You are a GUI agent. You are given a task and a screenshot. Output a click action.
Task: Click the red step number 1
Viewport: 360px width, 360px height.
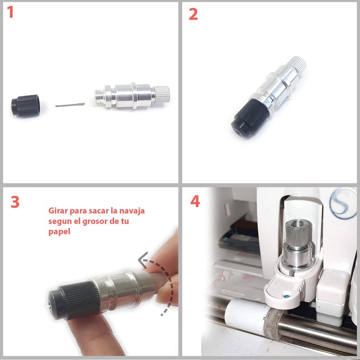[10, 12]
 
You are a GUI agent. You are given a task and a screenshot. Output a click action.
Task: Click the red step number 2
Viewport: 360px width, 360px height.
[193, 14]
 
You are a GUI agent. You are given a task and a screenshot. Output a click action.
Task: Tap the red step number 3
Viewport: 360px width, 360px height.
[15, 202]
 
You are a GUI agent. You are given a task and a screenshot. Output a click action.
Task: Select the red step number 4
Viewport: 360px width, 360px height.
[195, 201]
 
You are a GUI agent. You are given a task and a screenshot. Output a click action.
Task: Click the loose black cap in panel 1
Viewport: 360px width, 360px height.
[26, 106]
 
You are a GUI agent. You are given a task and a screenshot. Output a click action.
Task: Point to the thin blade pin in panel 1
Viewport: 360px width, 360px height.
[70, 105]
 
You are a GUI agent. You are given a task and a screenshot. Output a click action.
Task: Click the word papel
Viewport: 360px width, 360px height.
[59, 231]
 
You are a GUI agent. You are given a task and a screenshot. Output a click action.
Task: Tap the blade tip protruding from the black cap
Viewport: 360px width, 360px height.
[48, 306]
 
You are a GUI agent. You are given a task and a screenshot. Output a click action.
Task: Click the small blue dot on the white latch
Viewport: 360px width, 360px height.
[286, 297]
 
